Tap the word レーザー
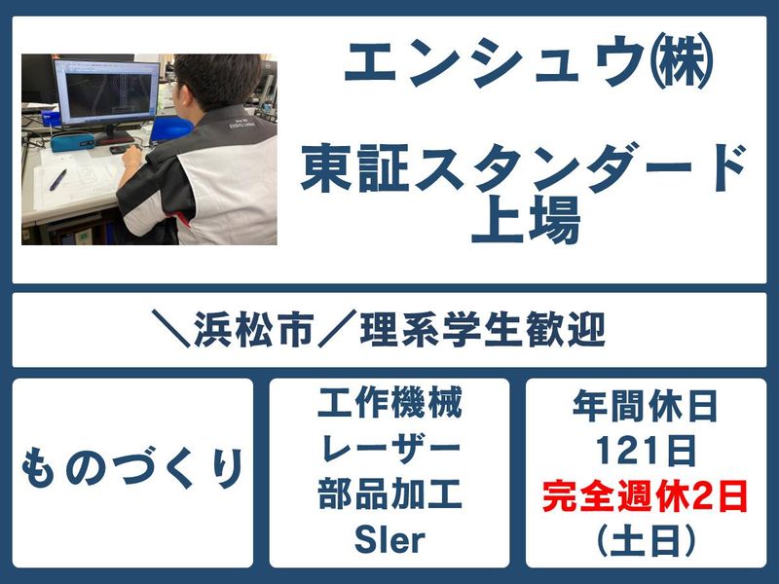pos(389,450)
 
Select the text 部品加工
pos(389,494)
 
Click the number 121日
pos(646,451)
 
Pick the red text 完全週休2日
pos(646,495)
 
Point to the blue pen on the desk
pos(57,181)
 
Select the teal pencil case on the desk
pos(72,142)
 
